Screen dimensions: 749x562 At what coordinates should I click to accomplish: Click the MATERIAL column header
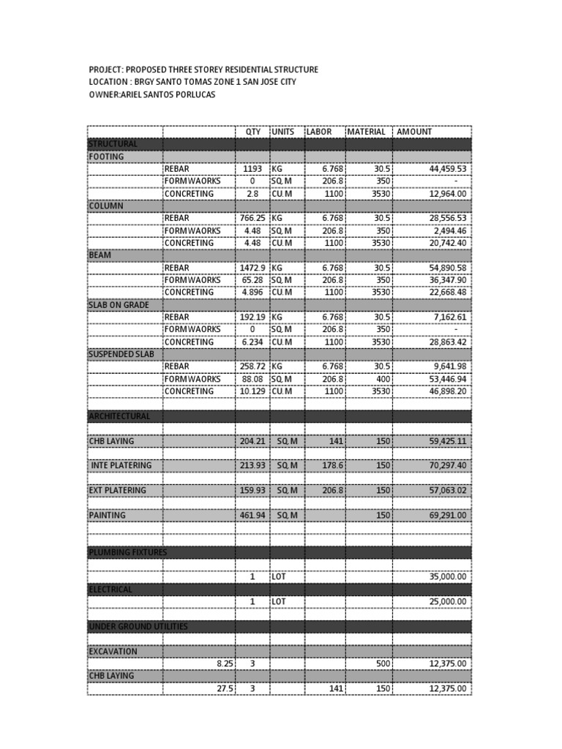(x=366, y=132)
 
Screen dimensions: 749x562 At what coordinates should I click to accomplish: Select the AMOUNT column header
(x=414, y=132)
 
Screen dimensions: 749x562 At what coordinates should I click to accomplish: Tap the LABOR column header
(x=319, y=132)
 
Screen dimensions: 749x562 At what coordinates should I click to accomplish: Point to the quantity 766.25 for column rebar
(x=253, y=218)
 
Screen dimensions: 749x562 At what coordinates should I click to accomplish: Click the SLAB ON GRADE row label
(x=119, y=304)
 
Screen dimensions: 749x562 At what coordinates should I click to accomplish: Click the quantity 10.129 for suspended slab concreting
(x=251, y=391)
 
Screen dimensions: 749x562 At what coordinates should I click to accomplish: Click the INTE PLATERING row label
(x=121, y=465)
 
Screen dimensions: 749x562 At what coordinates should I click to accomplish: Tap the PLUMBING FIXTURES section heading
(x=128, y=552)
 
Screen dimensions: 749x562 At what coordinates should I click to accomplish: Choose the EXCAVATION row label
(x=113, y=651)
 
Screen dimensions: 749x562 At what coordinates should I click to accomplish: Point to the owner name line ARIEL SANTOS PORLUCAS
(x=152, y=95)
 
